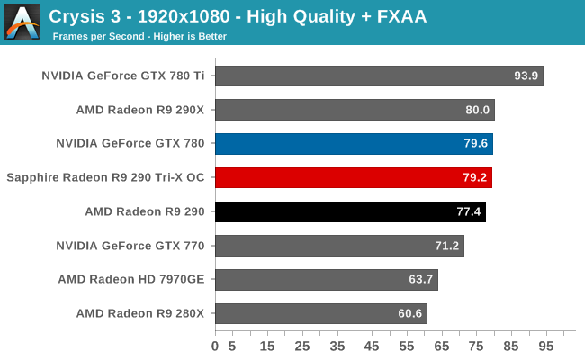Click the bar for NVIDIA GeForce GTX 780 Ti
(x=379, y=76)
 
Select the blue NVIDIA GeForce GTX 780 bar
(x=354, y=144)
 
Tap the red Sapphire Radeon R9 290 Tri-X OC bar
(x=354, y=177)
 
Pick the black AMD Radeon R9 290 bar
(x=350, y=211)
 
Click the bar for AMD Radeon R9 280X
(x=321, y=314)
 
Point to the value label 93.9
(x=526, y=76)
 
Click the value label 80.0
(x=478, y=110)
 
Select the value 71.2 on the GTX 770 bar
(x=447, y=246)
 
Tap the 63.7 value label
(x=421, y=280)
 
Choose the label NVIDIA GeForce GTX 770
(x=130, y=246)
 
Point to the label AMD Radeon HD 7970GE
(x=131, y=280)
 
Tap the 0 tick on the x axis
(x=215, y=345)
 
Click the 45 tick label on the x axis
(x=372, y=345)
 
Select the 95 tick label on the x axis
(x=546, y=345)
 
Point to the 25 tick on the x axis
(x=302, y=345)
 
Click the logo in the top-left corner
(x=22, y=22)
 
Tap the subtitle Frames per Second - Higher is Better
(x=139, y=37)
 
